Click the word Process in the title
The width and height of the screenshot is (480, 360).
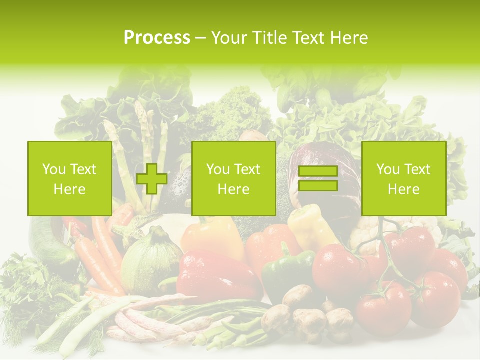pos(157,38)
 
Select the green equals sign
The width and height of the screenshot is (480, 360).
pos(318,179)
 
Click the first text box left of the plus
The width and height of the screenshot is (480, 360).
pos(69,179)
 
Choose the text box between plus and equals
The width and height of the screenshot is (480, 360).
pos(233,179)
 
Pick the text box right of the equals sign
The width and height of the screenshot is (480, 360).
pos(403,179)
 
